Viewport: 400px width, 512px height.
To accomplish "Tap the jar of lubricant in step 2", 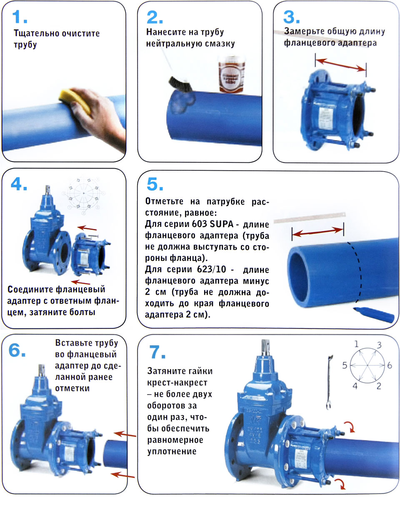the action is [x=231, y=74].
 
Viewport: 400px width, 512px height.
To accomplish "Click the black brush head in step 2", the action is [x=180, y=85].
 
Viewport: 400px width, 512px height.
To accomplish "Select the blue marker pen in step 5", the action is [x=373, y=314].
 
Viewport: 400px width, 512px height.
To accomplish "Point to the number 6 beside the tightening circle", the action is [x=390, y=365].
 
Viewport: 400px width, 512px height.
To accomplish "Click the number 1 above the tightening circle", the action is [x=356, y=344].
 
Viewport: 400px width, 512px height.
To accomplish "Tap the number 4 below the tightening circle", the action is [x=355, y=386].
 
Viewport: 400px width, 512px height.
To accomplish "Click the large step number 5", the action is [x=155, y=184].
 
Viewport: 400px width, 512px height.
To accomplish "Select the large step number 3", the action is [x=292, y=17].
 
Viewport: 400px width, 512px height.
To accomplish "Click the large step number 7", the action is [x=157, y=352].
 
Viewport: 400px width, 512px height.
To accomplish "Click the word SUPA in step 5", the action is [x=222, y=224].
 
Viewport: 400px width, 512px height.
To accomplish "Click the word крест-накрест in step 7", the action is [x=177, y=383].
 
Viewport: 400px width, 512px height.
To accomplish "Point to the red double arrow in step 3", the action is [x=340, y=65].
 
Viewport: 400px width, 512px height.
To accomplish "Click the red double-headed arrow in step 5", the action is [x=317, y=232].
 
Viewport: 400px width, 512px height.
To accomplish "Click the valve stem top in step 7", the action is [x=266, y=346].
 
